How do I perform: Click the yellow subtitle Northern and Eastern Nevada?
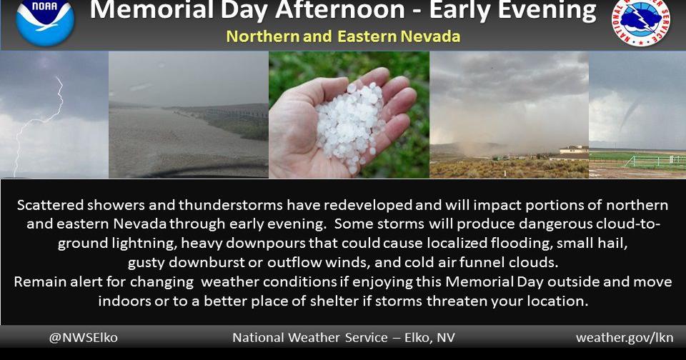point(343,36)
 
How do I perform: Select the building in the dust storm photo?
point(574,151)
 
